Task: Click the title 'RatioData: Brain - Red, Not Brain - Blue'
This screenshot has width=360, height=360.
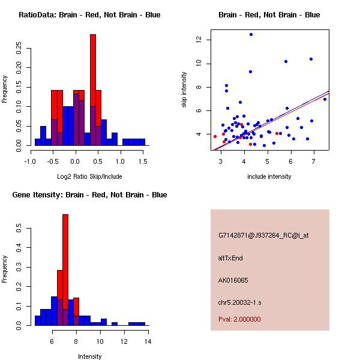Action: pos(89,15)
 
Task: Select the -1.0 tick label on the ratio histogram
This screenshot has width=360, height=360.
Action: pos(29,161)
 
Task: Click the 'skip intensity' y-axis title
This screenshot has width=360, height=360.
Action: pos(185,90)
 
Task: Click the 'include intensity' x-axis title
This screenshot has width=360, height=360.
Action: pos(269,177)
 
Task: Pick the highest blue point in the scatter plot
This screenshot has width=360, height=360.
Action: pos(251,35)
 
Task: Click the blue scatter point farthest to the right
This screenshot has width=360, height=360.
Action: pos(325,99)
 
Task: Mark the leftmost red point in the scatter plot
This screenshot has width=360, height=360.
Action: pos(215,136)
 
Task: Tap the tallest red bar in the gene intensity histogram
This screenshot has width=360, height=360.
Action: pos(65,270)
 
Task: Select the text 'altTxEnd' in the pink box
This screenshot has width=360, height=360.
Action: pos(230,258)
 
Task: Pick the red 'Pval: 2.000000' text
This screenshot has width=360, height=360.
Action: pos(239,319)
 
